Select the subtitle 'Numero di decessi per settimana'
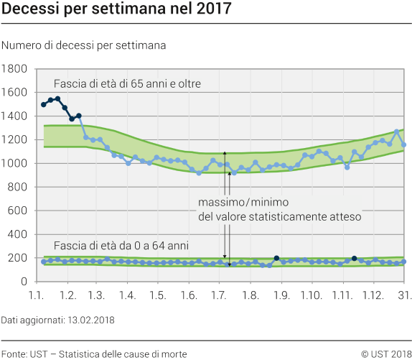click(x=84, y=45)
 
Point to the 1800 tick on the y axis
click(x=14, y=69)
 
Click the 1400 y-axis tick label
click(x=14, y=116)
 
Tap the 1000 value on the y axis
click(x=14, y=164)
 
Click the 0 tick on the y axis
click(x=24, y=282)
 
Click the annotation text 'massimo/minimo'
click(x=241, y=202)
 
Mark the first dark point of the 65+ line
click(x=44, y=105)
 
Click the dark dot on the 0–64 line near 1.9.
click(x=276, y=258)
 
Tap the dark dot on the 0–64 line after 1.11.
click(x=355, y=258)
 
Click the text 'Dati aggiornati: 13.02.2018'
click(x=57, y=319)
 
